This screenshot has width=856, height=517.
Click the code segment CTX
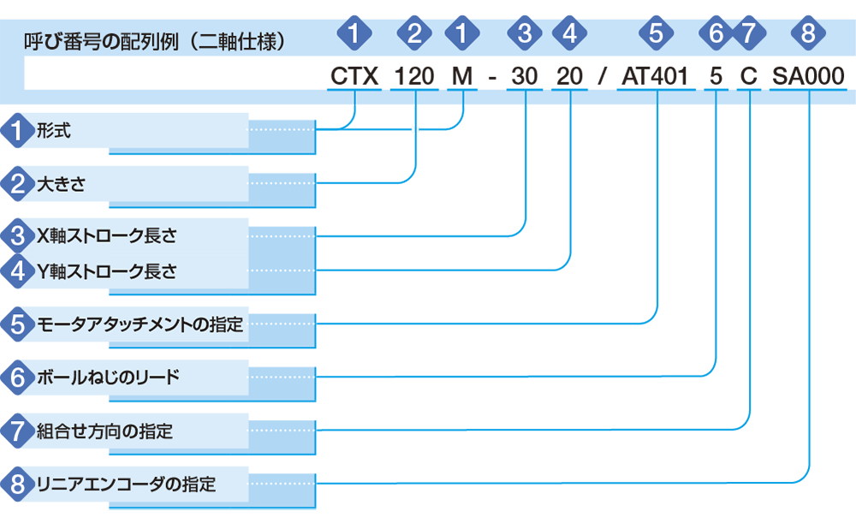coord(354,76)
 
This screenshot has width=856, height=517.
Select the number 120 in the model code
coord(414,76)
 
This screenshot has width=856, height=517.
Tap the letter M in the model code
coord(462,76)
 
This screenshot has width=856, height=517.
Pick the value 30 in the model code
coord(525,76)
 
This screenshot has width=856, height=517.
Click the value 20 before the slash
coord(569,76)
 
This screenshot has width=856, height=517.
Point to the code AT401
coord(655,76)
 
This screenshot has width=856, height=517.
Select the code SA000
coord(808,76)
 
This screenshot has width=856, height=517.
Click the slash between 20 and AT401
coord(602,76)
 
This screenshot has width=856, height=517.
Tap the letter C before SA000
coord(748,76)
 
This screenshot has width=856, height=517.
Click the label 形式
coord(53,130)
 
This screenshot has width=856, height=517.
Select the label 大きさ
coord(61,184)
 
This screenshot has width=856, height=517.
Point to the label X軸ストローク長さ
coord(106,236)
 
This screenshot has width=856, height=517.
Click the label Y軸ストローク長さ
coord(106,271)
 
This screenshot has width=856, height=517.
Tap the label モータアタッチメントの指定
coord(140,324)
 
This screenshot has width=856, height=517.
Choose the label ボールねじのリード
coord(108,377)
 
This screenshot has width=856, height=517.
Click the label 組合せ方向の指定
coord(104,431)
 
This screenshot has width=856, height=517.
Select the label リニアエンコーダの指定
coord(126,484)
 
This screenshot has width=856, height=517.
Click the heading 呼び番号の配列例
coord(101,41)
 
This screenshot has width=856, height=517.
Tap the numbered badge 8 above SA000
coord(808,33)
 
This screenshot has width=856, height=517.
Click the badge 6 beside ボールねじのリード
coord(18,377)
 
